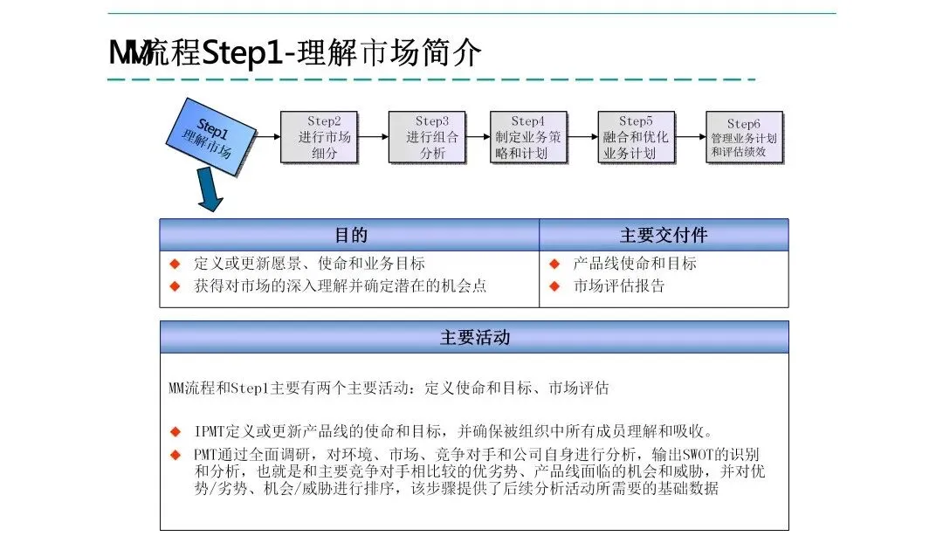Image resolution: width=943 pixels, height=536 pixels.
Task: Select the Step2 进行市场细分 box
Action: click(x=319, y=137)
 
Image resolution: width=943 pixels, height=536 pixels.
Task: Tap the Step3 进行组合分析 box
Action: click(x=427, y=137)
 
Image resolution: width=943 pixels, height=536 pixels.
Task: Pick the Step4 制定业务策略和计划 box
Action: click(x=527, y=137)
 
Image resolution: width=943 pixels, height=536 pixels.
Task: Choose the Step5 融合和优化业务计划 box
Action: click(x=635, y=137)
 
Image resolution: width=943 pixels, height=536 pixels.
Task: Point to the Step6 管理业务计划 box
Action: click(x=743, y=137)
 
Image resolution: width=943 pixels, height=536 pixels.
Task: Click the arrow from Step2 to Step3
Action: click(x=373, y=137)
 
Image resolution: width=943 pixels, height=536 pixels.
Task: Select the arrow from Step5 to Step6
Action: click(x=690, y=137)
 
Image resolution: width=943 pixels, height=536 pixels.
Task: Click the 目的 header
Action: click(x=350, y=235)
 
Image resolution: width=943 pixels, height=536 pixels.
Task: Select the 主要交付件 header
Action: click(x=664, y=235)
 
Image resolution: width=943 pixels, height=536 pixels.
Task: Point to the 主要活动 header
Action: click(x=474, y=337)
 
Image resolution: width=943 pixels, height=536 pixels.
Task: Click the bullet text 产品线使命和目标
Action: click(x=635, y=263)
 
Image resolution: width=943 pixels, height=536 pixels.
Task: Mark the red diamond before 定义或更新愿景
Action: click(x=175, y=263)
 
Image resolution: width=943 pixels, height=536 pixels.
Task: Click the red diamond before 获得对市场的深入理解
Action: click(x=175, y=285)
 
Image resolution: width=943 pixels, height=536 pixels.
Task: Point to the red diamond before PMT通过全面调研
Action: click(x=175, y=454)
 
